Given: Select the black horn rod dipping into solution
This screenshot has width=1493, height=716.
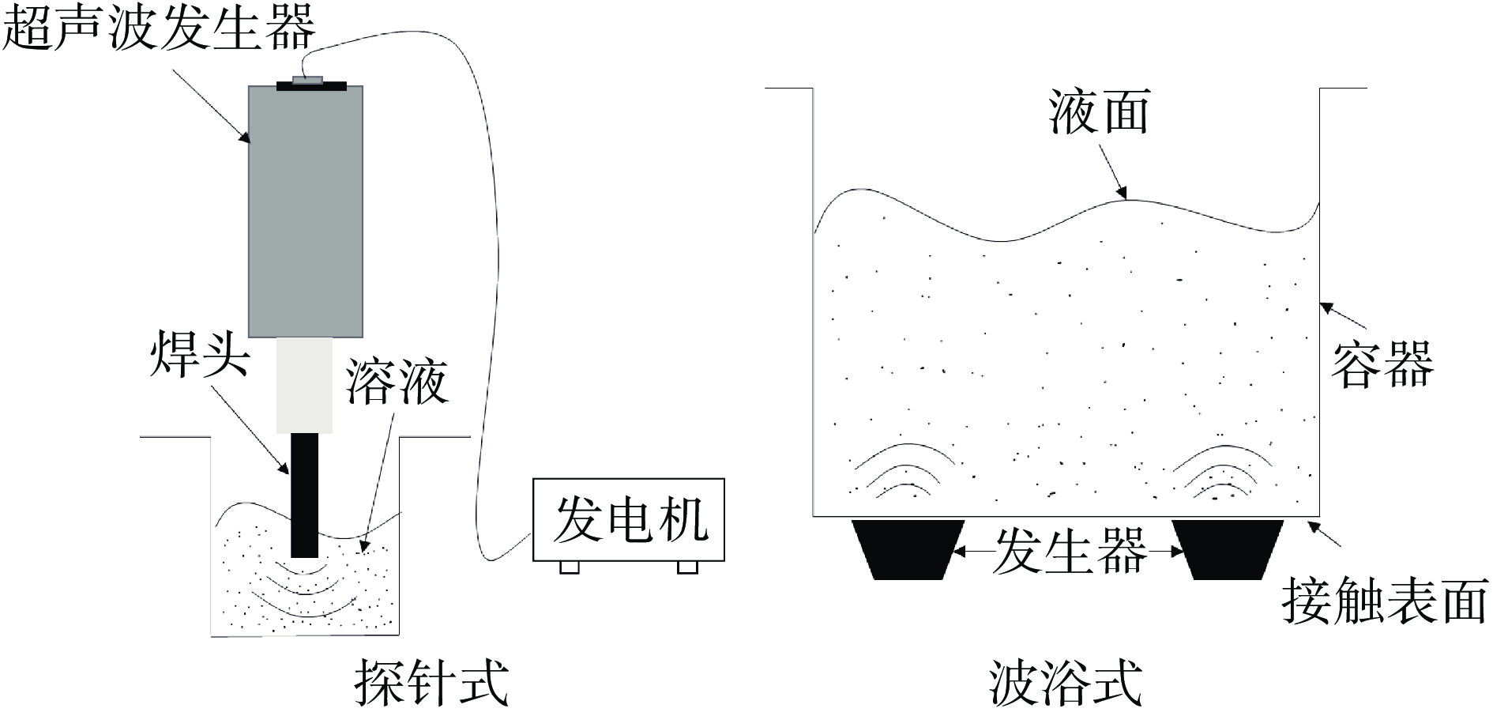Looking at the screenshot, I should click(304, 494).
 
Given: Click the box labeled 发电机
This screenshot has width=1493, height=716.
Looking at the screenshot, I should click(629, 519).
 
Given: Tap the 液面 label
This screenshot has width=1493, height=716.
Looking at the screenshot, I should click(1099, 111).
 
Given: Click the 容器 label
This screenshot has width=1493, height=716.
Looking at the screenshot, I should click(1382, 364).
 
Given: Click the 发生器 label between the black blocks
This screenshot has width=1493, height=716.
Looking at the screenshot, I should click(1070, 551).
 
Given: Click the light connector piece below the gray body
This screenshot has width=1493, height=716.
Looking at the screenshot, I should click(304, 385).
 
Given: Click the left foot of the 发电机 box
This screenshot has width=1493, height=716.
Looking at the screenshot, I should click(569, 567).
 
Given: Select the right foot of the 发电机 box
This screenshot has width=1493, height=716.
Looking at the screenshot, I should click(687, 567).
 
